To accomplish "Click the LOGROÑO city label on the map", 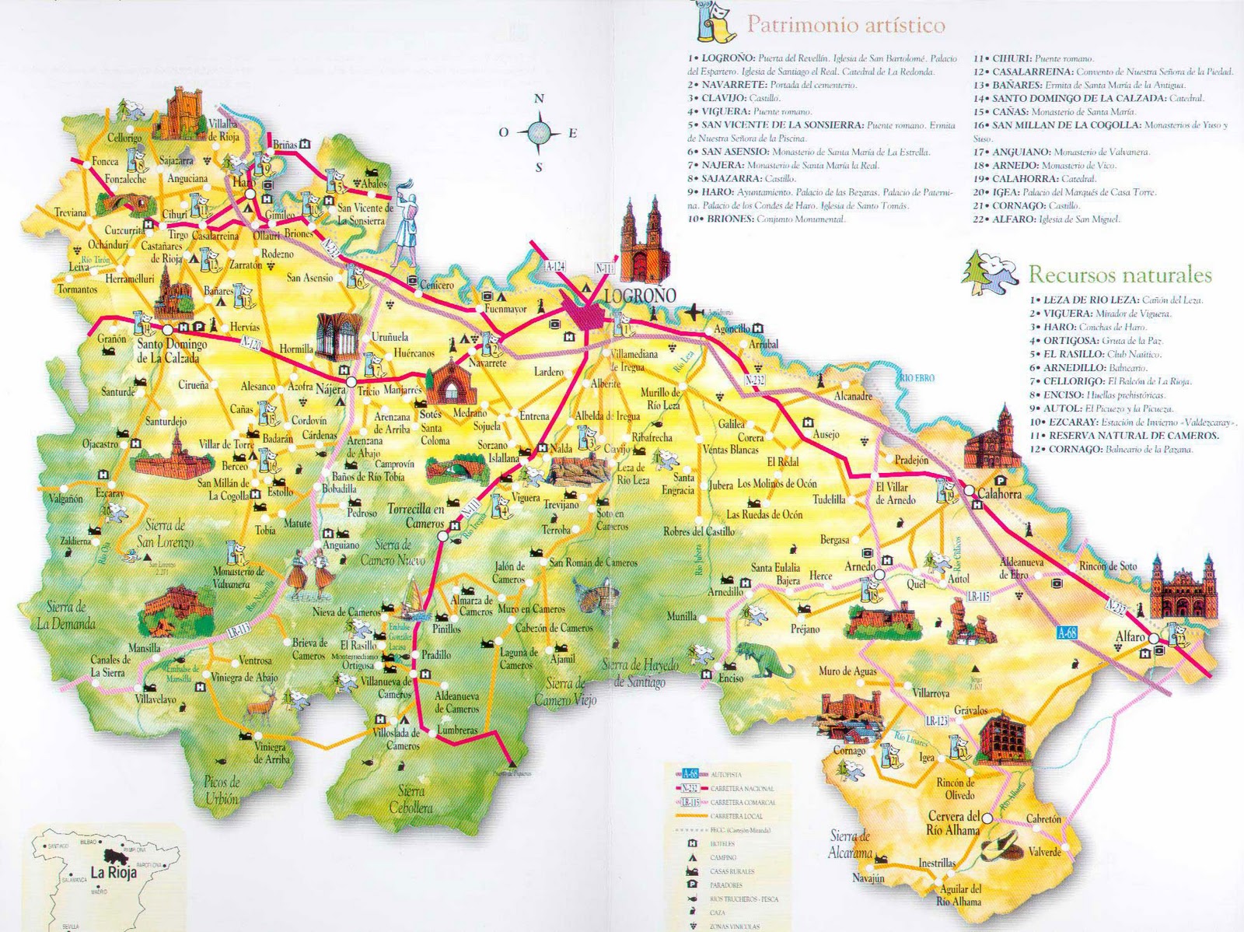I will click(x=640, y=296).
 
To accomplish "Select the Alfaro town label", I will click(x=1130, y=637).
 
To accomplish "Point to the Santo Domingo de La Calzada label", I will click(x=172, y=351).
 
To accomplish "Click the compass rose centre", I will click(x=539, y=132).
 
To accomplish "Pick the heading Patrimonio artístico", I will click(x=845, y=25).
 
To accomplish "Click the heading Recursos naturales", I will click(x=1120, y=275).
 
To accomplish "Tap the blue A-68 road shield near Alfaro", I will click(x=1067, y=633).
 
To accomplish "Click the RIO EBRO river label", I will click(x=917, y=378).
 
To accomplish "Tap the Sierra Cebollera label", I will click(x=411, y=799).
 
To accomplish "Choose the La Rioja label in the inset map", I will click(x=113, y=872).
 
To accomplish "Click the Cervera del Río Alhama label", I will click(x=953, y=823).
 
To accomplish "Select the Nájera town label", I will click(x=330, y=390).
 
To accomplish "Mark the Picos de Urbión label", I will click(x=222, y=790).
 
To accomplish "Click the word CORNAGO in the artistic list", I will click(x=1018, y=205).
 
